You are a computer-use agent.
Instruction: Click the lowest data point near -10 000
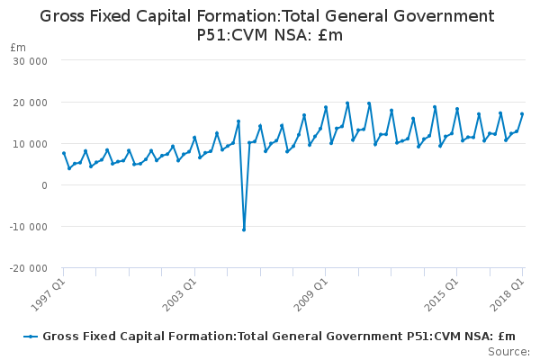coord(244,229)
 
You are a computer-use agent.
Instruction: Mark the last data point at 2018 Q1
coord(522,114)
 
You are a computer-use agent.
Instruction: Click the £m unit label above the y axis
coord(18,47)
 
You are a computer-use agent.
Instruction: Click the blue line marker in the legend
coord(31,337)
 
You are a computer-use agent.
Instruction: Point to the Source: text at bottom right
coord(508,351)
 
